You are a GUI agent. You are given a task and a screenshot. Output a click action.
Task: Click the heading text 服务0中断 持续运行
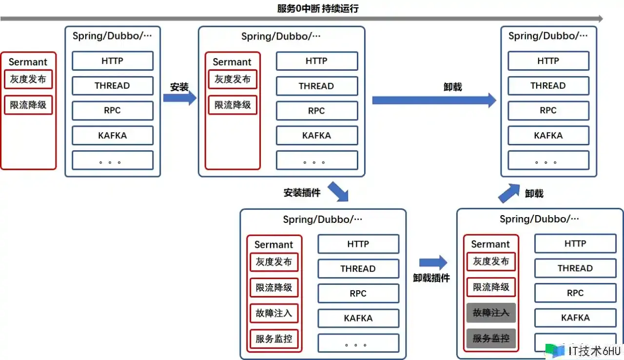tap(317, 8)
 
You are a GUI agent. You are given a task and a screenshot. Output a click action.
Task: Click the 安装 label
tap(179, 87)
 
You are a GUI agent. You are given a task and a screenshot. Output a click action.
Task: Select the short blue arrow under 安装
tap(179, 98)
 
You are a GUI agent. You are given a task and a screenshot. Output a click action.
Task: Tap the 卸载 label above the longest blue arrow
tap(452, 87)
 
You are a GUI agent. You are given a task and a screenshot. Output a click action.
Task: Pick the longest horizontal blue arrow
tap(434, 100)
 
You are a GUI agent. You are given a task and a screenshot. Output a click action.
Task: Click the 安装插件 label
tap(302, 193)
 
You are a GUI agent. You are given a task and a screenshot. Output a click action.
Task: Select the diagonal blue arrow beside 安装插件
tap(338, 192)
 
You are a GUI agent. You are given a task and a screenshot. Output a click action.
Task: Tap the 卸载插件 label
tap(431, 278)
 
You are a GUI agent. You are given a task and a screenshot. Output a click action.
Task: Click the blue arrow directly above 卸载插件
tap(433, 262)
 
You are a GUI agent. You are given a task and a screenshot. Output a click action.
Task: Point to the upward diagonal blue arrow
tap(509, 193)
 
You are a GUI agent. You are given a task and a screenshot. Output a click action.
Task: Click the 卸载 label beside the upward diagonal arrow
tap(534, 194)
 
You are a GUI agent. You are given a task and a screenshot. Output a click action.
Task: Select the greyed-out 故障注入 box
tap(491, 313)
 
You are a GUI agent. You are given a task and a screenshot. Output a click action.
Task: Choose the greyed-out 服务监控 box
tap(491, 338)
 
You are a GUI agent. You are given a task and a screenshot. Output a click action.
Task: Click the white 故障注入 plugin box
tap(274, 313)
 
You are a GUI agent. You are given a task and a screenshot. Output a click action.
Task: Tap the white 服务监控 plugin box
tap(274, 338)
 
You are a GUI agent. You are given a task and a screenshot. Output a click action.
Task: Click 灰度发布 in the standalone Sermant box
tap(28, 79)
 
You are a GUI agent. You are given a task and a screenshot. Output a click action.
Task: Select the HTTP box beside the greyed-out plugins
tap(575, 243)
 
